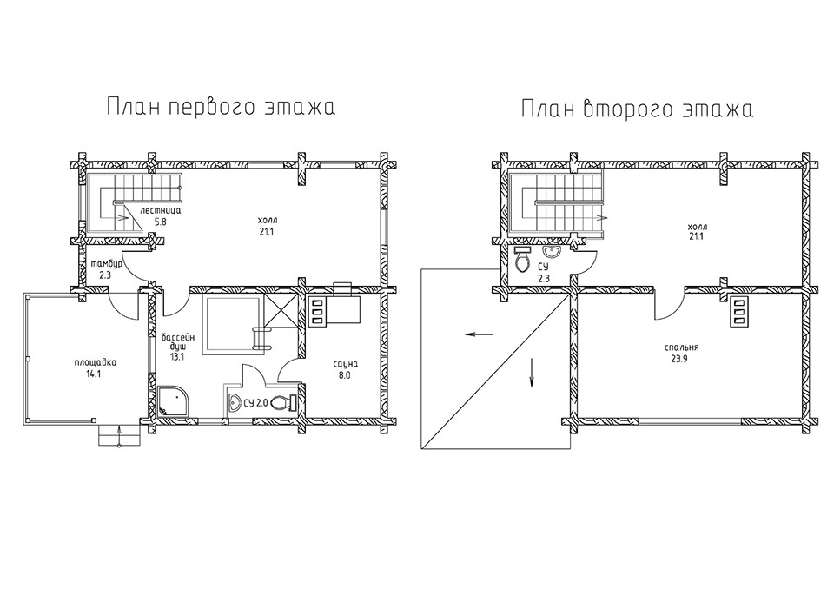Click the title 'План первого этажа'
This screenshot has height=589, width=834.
tap(221, 108)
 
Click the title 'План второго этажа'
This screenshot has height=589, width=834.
tap(636, 110)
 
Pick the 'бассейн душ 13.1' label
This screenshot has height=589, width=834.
tap(176, 346)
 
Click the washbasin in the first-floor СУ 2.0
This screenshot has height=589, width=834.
tap(235, 402)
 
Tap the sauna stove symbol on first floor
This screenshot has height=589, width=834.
tap(318, 309)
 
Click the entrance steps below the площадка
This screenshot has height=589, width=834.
tap(119, 434)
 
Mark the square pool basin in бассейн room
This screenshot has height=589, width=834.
tap(232, 325)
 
